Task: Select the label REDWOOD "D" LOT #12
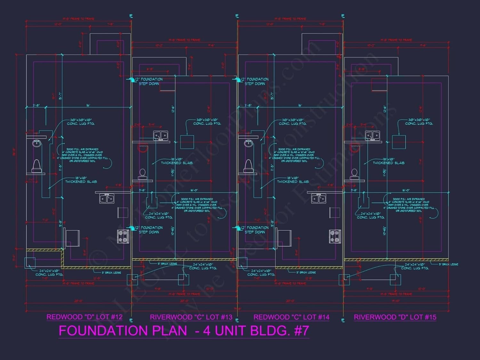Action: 84,317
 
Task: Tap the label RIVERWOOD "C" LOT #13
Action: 191,317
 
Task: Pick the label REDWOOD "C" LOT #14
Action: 292,317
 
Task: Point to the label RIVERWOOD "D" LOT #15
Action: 395,317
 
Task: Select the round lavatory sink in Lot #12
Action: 37,143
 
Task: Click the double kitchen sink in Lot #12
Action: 107,198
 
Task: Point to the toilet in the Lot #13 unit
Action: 143,174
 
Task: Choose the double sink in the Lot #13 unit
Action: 160,136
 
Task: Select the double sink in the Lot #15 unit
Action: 372,136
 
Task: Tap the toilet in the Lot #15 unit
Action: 354,174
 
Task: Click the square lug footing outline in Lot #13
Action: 187,142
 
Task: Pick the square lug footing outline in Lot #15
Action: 399,142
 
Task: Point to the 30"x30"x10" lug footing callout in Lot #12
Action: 81,122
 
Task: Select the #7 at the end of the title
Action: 301,331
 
